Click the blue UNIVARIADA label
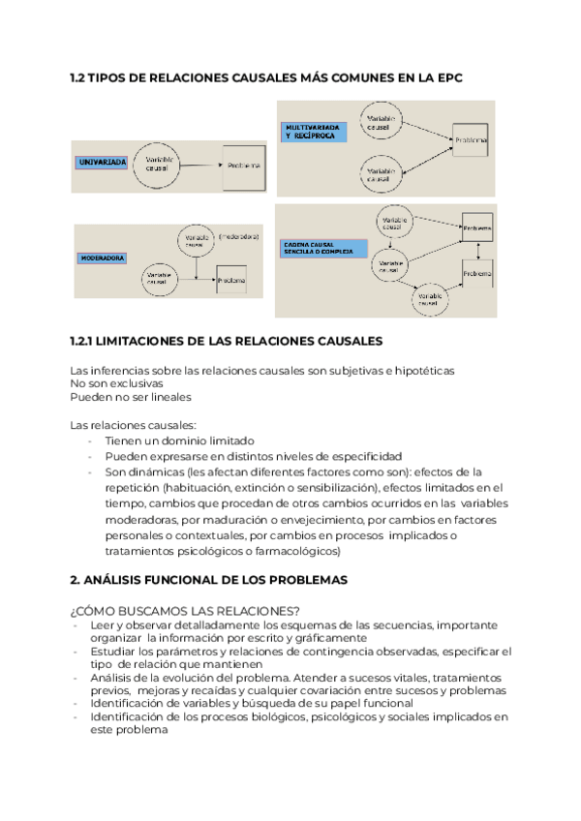pos(103,163)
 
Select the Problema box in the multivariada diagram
pos(470,141)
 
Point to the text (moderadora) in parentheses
pos(238,236)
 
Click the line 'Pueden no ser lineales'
pos(131,397)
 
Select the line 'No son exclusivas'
pos(116,383)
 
